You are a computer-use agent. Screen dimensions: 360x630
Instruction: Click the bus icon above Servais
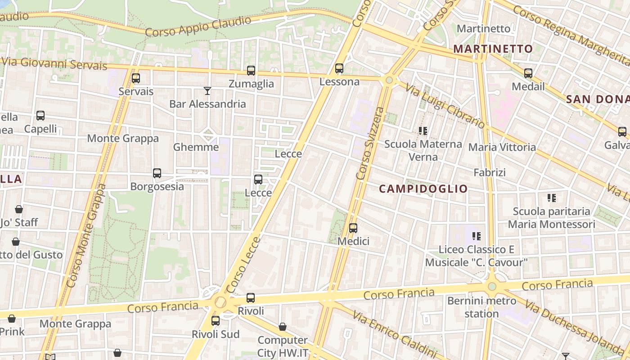pyautogui.click(x=136, y=78)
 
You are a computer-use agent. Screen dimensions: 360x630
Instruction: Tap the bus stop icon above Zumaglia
pyautogui.click(x=251, y=71)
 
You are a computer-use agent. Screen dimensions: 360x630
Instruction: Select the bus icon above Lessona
pyautogui.click(x=339, y=68)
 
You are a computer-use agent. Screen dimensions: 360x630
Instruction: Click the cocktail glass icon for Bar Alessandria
pyautogui.click(x=207, y=91)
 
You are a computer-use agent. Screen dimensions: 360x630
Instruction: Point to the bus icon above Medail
pyautogui.click(x=528, y=73)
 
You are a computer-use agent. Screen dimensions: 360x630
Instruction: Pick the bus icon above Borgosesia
pyautogui.click(x=157, y=173)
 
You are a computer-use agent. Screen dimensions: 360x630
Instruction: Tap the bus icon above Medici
pyautogui.click(x=353, y=228)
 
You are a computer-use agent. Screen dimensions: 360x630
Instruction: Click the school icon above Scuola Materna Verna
pyautogui.click(x=423, y=131)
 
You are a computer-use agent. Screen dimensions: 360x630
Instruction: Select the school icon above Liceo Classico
pyautogui.click(x=477, y=236)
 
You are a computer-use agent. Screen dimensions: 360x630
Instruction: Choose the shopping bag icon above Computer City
pyautogui.click(x=283, y=327)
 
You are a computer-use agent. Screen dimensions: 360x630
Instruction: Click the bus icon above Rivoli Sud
pyautogui.click(x=216, y=321)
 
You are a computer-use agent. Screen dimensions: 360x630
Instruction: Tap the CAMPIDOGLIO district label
pyautogui.click(x=423, y=189)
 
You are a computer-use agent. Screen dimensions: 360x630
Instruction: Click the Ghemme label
pyautogui.click(x=196, y=147)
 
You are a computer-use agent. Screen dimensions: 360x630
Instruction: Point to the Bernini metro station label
pyautogui.click(x=481, y=307)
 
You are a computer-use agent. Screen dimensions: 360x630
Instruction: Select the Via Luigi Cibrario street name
pyautogui.click(x=445, y=106)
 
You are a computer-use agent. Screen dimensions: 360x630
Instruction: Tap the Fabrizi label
pyautogui.click(x=490, y=172)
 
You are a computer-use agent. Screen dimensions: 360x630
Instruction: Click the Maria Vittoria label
pyautogui.click(x=502, y=147)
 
